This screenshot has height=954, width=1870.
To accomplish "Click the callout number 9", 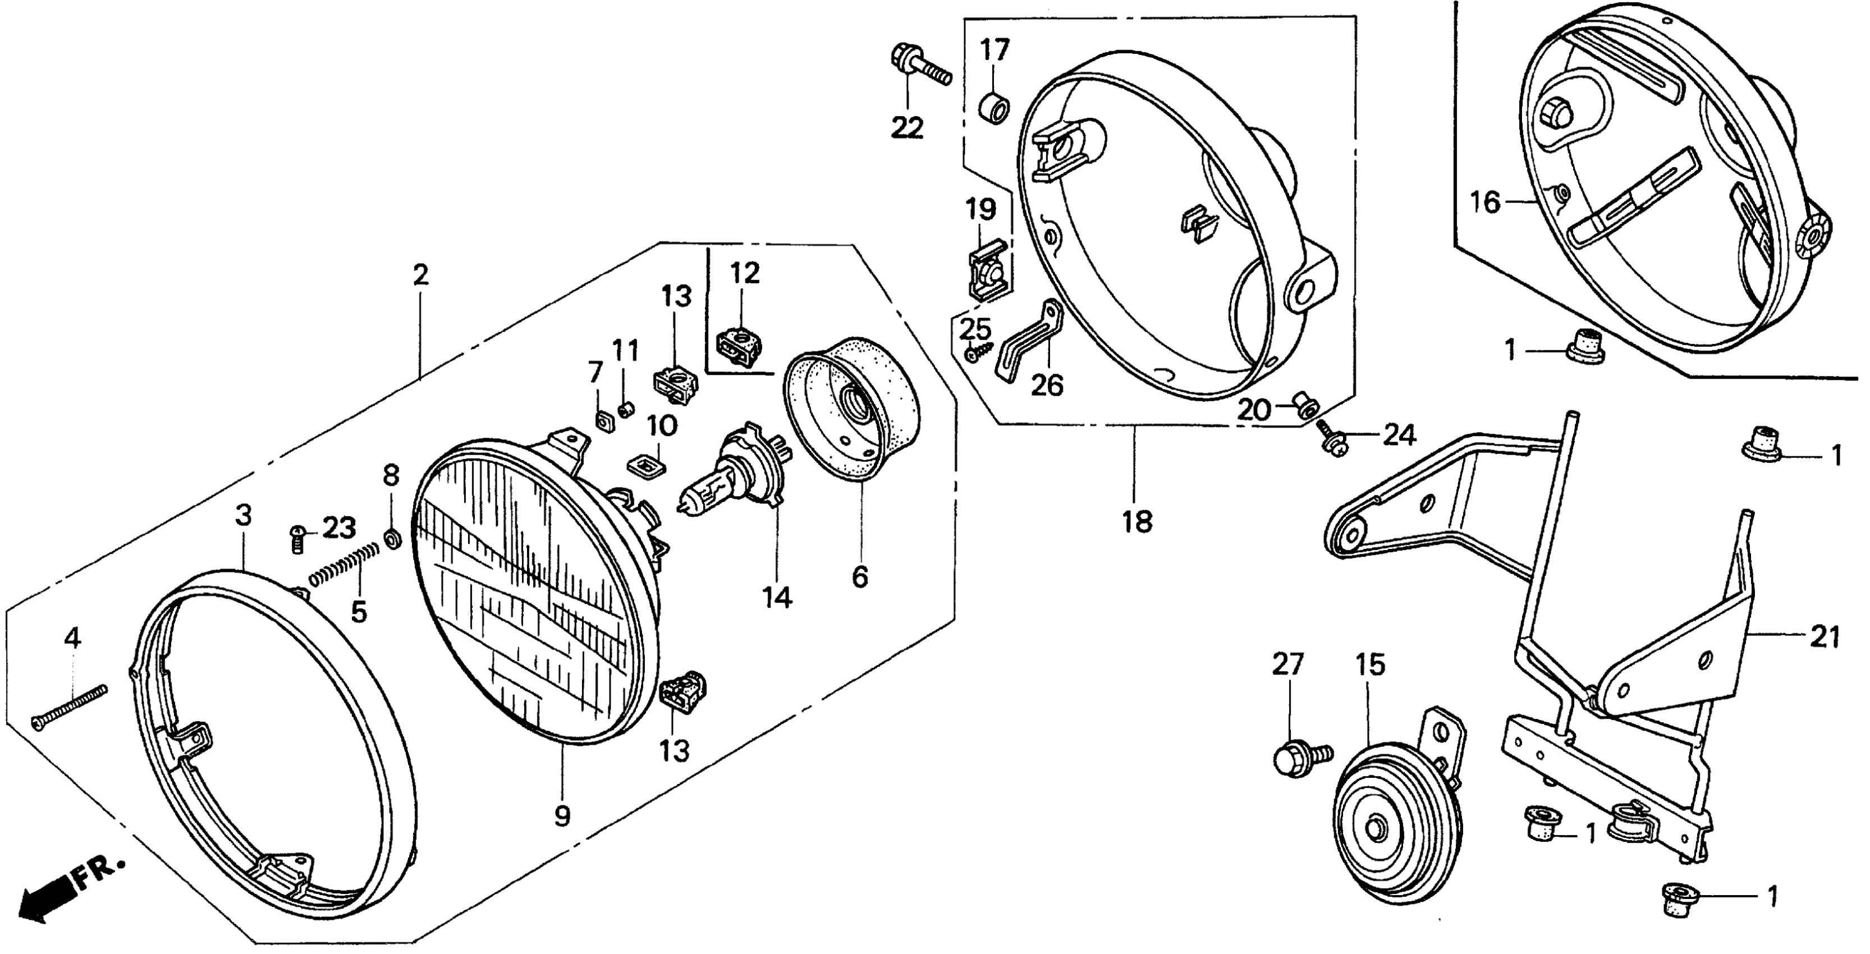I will pos(562,816).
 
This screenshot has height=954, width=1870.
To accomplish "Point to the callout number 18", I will pos(1137,521).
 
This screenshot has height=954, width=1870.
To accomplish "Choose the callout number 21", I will pos(1825,637).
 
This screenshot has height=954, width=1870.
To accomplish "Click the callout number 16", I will pos(1485,202).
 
